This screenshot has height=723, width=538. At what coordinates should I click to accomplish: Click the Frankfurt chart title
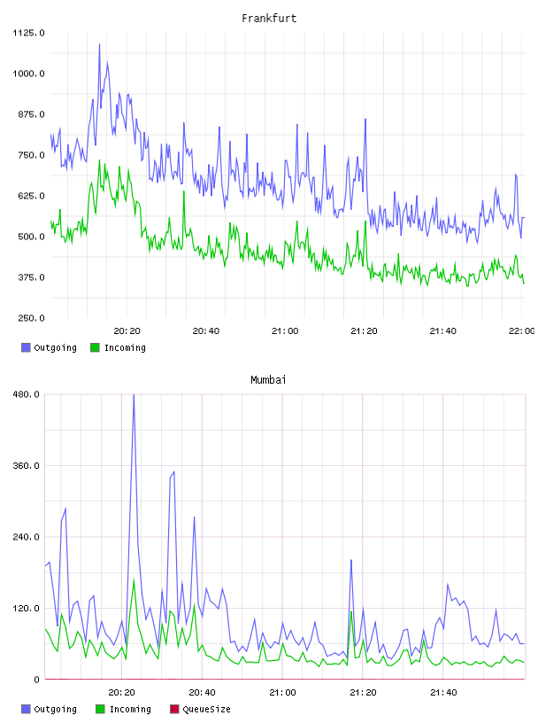click(x=269, y=19)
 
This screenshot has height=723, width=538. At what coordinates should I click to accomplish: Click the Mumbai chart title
click(x=268, y=380)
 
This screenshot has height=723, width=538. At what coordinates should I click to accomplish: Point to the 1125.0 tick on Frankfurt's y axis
click(x=28, y=33)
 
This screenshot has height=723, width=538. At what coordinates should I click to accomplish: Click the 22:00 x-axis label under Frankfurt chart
click(x=522, y=331)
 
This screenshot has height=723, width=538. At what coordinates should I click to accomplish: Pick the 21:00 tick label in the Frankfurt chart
click(x=285, y=331)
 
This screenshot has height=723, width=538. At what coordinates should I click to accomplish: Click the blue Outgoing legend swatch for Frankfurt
click(x=26, y=347)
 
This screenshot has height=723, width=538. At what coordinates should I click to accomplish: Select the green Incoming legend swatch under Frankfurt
click(x=95, y=347)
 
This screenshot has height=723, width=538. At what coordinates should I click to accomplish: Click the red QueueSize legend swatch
click(x=174, y=709)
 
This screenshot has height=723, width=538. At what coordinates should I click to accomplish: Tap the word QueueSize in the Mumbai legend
click(x=206, y=709)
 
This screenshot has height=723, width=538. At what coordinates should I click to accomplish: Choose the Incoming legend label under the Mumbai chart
click(x=130, y=709)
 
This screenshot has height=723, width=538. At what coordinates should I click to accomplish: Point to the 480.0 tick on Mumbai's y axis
click(x=27, y=394)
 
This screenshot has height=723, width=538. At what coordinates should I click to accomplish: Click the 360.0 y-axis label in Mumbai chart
click(x=27, y=466)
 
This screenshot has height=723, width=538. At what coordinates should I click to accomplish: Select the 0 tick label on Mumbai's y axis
click(x=37, y=680)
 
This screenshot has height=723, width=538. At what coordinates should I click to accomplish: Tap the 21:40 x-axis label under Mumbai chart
click(x=443, y=693)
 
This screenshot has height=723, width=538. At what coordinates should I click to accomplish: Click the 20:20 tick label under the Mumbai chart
click(x=121, y=693)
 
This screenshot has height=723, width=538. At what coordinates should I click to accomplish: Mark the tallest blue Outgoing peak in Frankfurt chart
click(x=99, y=44)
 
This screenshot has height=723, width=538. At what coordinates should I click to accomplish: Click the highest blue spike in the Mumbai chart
click(x=134, y=394)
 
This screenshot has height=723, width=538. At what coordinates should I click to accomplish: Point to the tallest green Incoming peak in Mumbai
click(x=134, y=579)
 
